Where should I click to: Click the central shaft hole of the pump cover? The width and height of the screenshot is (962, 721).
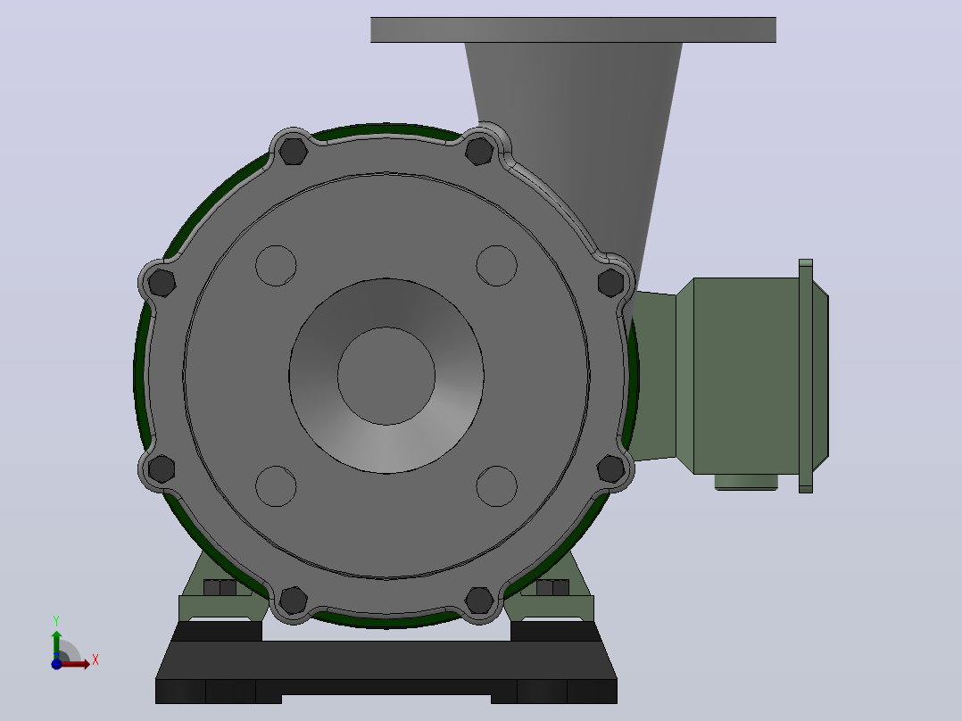coord(386,376)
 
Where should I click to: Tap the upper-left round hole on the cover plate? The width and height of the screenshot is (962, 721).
coord(276,266)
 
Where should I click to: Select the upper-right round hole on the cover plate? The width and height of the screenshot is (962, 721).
coord(496,266)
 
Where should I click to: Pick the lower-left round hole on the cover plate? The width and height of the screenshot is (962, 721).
coord(276,486)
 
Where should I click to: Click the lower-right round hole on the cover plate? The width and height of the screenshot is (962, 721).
coord(496,486)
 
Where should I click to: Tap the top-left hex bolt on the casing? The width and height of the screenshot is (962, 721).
coord(294,151)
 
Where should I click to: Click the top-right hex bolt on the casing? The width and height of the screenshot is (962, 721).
coord(480,151)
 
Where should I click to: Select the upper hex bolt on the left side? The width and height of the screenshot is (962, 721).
coord(162,283)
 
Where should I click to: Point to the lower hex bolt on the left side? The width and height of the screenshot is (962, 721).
coord(162,468)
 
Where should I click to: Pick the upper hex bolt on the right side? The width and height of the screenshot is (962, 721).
coord(611,283)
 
